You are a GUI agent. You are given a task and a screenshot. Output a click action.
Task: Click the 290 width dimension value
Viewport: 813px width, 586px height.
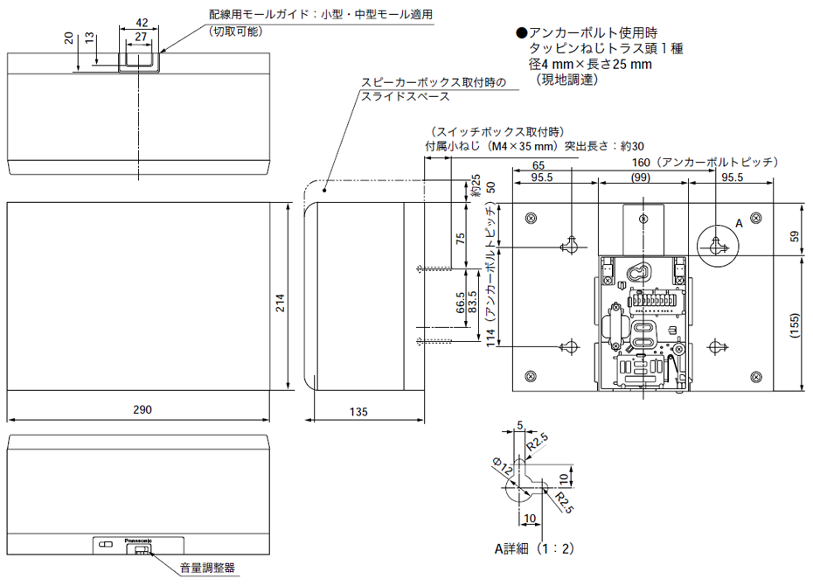pyautogui.click(x=142, y=408)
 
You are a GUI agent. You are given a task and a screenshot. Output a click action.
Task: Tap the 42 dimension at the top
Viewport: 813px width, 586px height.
pyautogui.click(x=141, y=22)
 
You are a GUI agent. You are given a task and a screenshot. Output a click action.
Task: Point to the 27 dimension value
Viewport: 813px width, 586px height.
pyautogui.click(x=141, y=38)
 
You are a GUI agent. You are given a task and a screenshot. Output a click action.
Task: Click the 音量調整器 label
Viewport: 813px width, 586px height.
pyautogui.click(x=207, y=569)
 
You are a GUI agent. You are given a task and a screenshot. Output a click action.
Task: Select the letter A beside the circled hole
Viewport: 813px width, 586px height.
pyautogui.click(x=739, y=224)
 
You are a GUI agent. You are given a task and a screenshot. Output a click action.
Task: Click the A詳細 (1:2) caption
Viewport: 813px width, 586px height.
pyautogui.click(x=533, y=549)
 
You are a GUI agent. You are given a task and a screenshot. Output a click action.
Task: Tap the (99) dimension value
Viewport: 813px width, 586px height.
pyautogui.click(x=642, y=178)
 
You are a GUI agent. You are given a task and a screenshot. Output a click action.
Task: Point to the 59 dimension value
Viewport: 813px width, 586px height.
pyautogui.click(x=794, y=235)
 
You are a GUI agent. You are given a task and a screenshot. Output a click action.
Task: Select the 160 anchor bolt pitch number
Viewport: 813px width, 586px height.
pyautogui.click(x=646, y=163)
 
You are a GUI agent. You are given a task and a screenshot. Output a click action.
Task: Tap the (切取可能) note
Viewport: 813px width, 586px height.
pyautogui.click(x=235, y=31)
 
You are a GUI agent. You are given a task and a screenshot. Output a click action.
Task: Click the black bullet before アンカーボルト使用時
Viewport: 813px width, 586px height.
pyautogui.click(x=522, y=33)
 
